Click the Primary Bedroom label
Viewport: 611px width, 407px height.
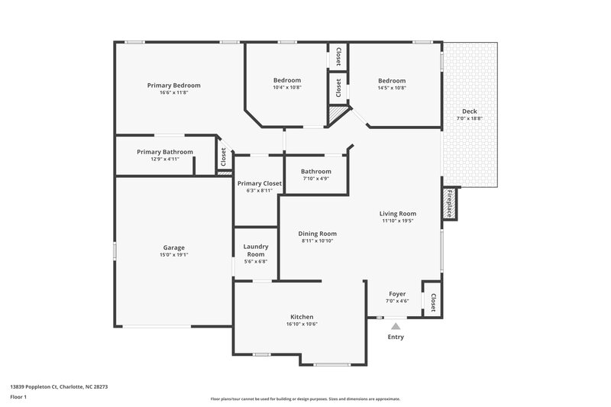pos(174,86)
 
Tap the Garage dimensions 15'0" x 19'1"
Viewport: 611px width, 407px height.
pos(174,255)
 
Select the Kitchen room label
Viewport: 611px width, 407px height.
pos(302,317)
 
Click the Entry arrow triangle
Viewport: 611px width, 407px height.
pos(396,326)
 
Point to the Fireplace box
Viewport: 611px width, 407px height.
pos(450,204)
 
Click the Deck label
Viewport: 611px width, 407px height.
pos(470,111)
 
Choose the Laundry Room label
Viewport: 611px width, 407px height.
pos(256,250)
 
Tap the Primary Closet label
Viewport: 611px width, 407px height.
pos(260,183)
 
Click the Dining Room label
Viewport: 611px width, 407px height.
pos(318,234)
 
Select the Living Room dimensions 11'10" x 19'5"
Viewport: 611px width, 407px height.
pos(398,221)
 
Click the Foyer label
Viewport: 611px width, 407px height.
pos(397,294)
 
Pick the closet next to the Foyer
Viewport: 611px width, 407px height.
pos(432,302)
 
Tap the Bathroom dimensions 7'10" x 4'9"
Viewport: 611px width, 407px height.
pos(316,179)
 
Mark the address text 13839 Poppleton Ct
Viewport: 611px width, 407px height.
pos(59,386)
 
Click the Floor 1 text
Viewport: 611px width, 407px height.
pos(18,397)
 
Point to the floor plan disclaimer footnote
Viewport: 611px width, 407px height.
pos(305,399)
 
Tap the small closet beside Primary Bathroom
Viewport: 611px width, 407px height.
pos(223,157)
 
